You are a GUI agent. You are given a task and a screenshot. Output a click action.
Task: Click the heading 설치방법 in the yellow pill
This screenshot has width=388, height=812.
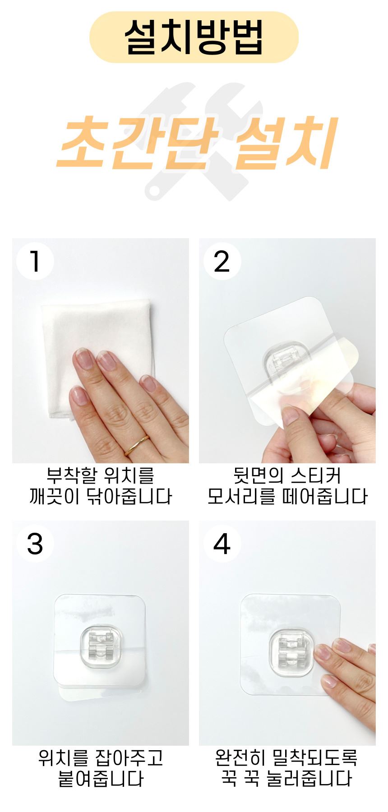[194, 37]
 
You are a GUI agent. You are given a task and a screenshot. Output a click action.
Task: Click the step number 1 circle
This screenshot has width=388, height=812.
[35, 261]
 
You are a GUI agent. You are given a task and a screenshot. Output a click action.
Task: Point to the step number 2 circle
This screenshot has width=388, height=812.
[222, 261]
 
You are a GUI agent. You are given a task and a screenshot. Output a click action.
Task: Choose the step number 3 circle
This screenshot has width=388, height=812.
[35, 544]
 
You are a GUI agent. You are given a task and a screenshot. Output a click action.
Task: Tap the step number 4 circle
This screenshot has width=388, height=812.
[222, 544]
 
